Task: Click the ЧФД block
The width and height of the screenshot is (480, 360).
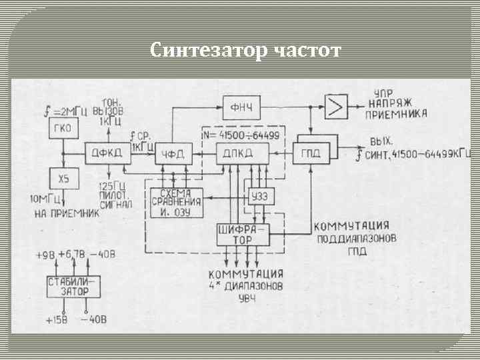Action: pyautogui.click(x=173, y=155)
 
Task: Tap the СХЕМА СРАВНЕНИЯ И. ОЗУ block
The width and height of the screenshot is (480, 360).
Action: pyautogui.click(x=175, y=203)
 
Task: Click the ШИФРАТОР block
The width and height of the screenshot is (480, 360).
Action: pyautogui.click(x=243, y=234)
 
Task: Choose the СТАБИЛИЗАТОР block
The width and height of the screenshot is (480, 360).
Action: pyautogui.click(x=71, y=287)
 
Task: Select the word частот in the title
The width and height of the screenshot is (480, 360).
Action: pyautogui.click(x=307, y=50)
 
